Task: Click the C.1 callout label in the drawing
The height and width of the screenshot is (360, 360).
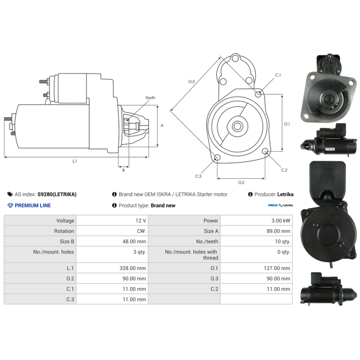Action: tap(278, 75)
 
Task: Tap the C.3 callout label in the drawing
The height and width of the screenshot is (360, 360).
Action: tap(198, 176)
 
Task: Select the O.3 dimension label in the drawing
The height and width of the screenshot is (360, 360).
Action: tap(191, 81)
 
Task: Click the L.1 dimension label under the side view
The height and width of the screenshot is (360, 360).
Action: tap(75, 161)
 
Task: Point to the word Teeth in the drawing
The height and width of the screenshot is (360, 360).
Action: tap(150, 98)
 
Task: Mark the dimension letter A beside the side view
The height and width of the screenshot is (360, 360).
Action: tap(162, 126)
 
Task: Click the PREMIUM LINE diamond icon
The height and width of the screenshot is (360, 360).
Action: tap(10, 206)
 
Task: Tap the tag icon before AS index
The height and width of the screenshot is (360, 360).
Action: tap(10, 194)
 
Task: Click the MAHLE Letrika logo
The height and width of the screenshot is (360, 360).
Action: tap(280, 206)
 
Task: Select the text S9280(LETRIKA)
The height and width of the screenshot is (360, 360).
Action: tap(57, 194)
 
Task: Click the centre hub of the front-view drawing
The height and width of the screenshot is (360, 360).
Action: tap(237, 126)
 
